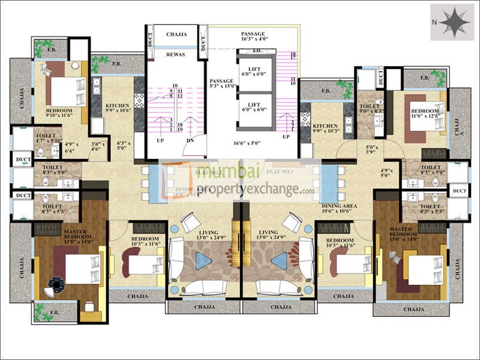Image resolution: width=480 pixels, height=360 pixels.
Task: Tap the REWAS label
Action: [176, 54]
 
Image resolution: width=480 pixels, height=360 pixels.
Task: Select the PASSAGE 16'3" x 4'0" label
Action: [253, 37]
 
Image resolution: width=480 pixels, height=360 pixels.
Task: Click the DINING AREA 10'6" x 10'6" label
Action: [338, 209]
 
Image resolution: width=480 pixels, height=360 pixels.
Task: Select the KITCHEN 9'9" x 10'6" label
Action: [118, 107]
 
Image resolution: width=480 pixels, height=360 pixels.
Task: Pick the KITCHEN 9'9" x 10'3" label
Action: [326, 128]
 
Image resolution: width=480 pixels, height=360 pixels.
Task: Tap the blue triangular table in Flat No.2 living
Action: [203, 260]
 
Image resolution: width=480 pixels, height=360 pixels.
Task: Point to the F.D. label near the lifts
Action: [256, 51]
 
